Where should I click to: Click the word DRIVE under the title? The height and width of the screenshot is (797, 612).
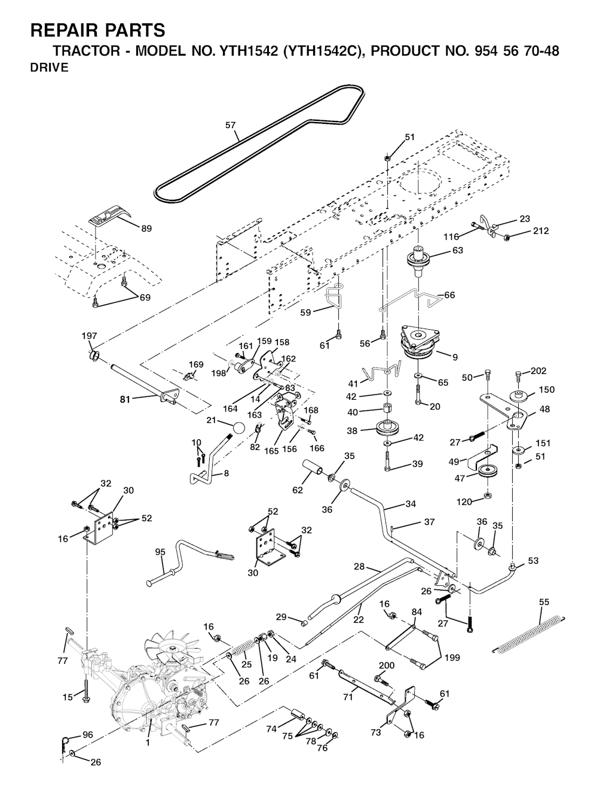pyautogui.click(x=49, y=68)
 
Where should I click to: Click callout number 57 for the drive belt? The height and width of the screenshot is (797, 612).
pyautogui.click(x=230, y=126)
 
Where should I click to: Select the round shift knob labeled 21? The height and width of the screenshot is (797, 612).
pyautogui.click(x=239, y=428)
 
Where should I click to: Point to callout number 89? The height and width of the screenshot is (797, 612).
pyautogui.click(x=146, y=229)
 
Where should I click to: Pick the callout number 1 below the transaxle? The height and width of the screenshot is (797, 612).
pyautogui.click(x=148, y=743)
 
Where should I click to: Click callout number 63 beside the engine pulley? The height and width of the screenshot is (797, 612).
pyautogui.click(x=457, y=251)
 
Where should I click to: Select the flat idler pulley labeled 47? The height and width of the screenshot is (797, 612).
pyautogui.click(x=489, y=471)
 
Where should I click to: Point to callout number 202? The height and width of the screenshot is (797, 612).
pyautogui.click(x=538, y=371)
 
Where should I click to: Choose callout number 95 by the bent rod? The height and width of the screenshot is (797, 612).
pyautogui.click(x=160, y=552)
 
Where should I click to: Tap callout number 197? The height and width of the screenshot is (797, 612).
pyautogui.click(x=89, y=336)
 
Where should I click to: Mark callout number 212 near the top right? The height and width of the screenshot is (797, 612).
pyautogui.click(x=540, y=231)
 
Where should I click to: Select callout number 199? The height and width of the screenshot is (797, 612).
pyautogui.click(x=452, y=658)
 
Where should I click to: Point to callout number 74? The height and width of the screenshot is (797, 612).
pyautogui.click(x=272, y=729)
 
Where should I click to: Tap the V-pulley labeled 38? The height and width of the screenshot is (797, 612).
pyautogui.click(x=388, y=428)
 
